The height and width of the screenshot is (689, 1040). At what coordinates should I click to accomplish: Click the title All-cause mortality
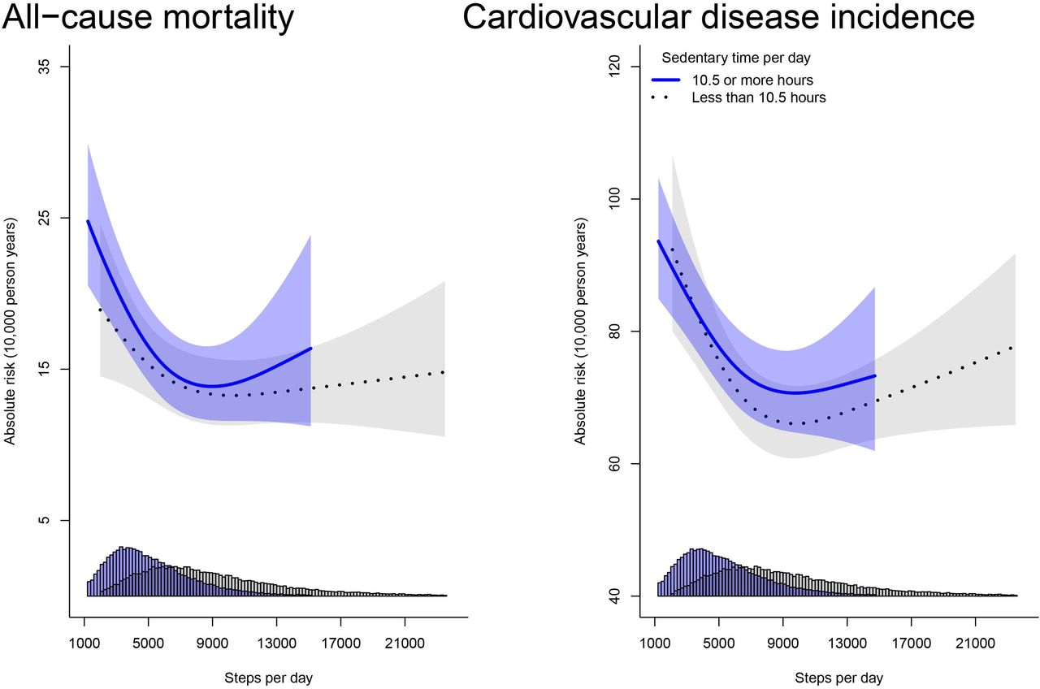point(148,18)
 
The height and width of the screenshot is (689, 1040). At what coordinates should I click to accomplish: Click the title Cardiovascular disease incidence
point(718,18)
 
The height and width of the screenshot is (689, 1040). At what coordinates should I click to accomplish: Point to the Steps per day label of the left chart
point(269,678)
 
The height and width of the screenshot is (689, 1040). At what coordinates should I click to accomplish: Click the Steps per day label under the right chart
point(838,678)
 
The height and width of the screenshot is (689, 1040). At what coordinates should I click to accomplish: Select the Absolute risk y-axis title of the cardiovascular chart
point(580,331)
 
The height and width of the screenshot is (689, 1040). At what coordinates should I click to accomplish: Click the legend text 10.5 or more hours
point(752,80)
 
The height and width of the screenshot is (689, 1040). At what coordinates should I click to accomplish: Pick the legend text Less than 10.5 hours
point(759,97)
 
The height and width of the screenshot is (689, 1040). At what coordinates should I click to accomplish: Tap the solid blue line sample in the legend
point(666,80)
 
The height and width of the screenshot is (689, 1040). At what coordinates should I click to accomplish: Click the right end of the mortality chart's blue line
point(310,349)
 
